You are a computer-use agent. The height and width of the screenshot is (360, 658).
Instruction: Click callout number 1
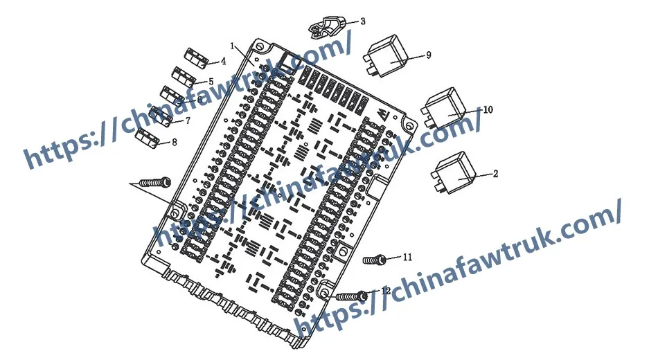click(x=233, y=47)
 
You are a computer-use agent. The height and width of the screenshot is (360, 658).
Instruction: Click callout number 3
click(x=362, y=21)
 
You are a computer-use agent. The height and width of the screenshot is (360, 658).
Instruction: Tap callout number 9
click(x=429, y=55)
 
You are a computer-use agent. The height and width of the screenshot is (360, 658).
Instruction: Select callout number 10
click(x=488, y=109)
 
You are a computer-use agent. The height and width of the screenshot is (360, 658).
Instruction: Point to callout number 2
click(x=495, y=174)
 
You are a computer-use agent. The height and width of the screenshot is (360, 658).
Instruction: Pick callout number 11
click(x=407, y=257)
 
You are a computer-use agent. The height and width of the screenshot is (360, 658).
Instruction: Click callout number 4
click(x=223, y=62)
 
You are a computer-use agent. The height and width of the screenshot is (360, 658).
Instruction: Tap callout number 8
click(x=174, y=142)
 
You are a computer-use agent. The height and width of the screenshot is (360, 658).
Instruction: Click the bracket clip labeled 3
click(x=327, y=26)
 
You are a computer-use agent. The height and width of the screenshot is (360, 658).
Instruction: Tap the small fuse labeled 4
click(x=196, y=57)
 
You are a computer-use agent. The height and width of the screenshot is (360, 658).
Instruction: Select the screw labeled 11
click(x=374, y=259)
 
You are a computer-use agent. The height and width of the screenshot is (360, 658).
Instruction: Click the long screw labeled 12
click(x=351, y=296)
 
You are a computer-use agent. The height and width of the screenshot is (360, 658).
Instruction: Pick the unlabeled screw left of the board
click(x=154, y=182)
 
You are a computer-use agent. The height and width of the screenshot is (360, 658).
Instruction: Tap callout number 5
click(x=210, y=81)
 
